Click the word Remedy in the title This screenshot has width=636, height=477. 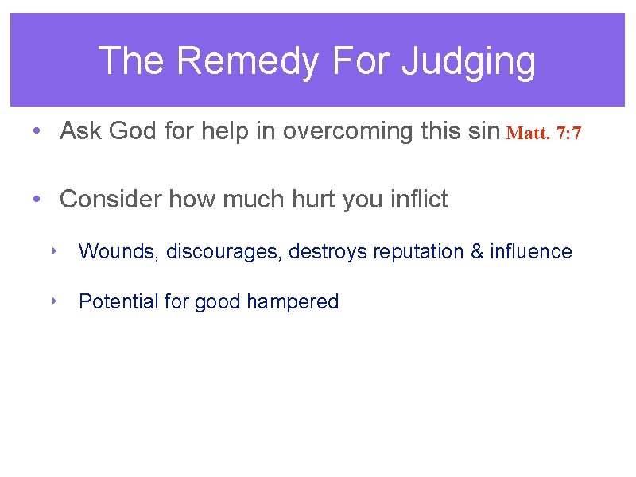point(243,61)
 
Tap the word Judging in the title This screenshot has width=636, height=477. point(468,61)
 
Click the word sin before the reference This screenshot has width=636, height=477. point(484,130)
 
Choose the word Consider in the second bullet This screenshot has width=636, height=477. point(111,199)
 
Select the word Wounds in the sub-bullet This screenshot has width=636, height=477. point(119,252)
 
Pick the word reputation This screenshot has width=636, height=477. point(418,252)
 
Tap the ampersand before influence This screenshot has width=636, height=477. point(477,252)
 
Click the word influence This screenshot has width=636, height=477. point(531,252)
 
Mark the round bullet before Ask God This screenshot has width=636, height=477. point(37,131)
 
